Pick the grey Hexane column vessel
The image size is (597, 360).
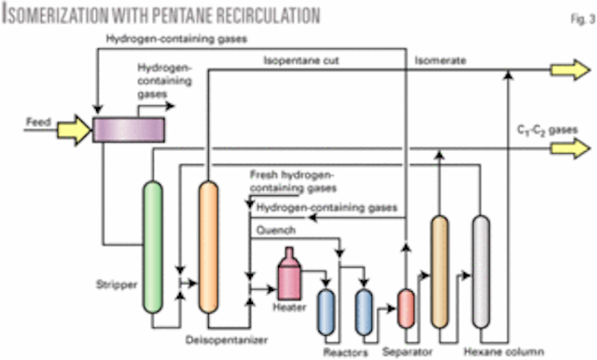point(480,270)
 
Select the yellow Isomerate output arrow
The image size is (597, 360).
point(562,70)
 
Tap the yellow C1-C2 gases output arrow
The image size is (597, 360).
point(562,146)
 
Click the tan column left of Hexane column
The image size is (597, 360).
point(439,270)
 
